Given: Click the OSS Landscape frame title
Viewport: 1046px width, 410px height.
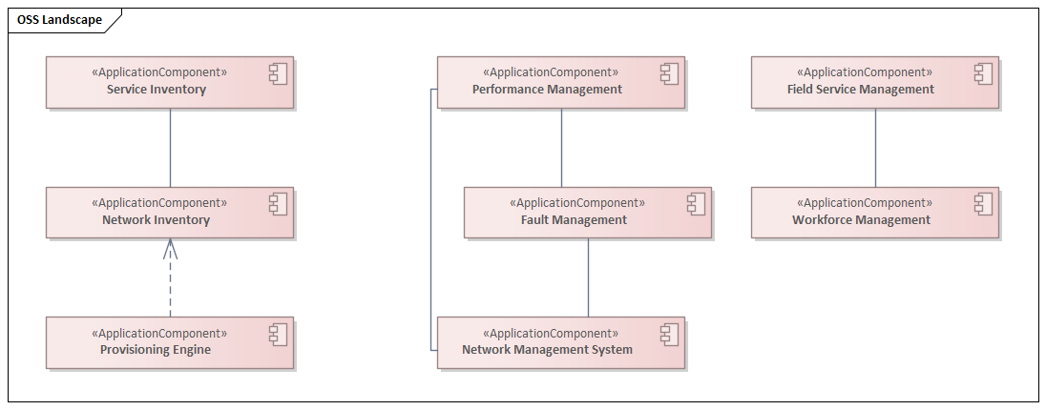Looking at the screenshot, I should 59,20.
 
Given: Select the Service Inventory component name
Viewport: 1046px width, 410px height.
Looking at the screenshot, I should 157,90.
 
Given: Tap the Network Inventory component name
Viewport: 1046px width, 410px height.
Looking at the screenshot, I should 156,220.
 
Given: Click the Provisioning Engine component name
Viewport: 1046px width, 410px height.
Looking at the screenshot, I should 156,350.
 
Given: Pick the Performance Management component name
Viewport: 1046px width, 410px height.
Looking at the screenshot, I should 547,90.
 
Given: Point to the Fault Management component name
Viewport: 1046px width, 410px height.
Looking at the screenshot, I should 574,220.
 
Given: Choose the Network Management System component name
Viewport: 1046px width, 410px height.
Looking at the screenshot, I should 547,350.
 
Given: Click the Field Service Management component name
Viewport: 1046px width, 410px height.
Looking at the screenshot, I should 860,90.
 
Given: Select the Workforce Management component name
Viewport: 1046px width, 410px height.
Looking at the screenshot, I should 861,220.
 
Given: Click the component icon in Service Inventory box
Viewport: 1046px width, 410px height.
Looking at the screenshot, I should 278,73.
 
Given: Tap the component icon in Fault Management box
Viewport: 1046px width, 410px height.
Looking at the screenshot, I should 696,204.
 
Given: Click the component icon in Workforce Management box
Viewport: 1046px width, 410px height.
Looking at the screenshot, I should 983,204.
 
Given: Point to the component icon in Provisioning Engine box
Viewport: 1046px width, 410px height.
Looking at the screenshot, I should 278,334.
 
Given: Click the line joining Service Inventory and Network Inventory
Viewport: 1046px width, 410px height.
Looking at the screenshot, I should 170,148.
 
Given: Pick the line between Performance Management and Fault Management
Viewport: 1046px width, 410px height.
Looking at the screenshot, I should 561,148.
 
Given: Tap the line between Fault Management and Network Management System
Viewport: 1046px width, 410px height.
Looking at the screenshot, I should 588,277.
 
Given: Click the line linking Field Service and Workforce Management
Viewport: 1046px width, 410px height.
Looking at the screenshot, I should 875,148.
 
